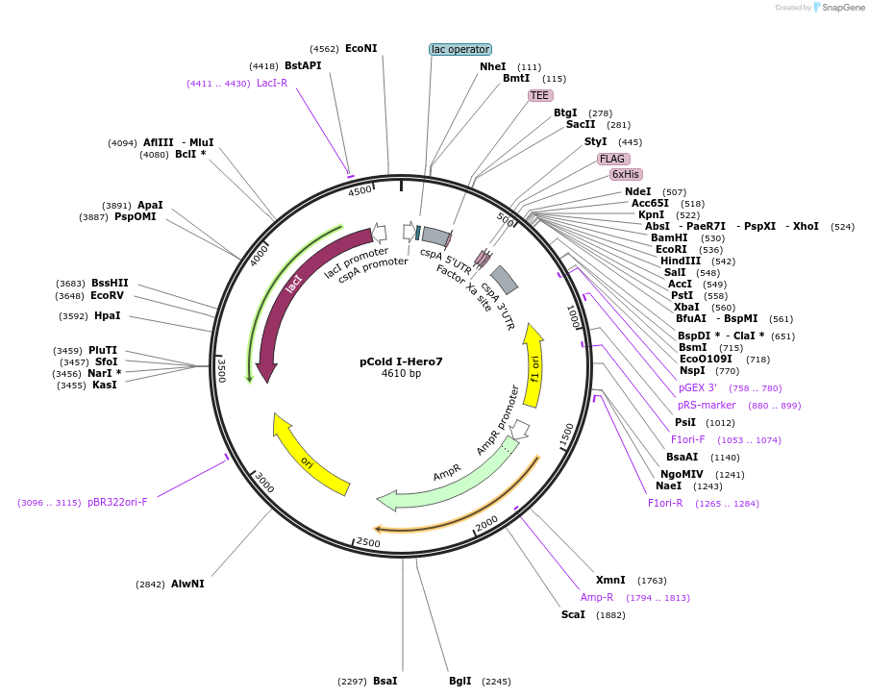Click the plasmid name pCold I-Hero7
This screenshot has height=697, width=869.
[x=401, y=361]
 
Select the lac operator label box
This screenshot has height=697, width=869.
[x=459, y=49]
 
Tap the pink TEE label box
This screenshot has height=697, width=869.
[x=540, y=95]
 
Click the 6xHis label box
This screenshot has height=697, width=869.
[x=626, y=174]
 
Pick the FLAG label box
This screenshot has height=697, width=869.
[x=613, y=159]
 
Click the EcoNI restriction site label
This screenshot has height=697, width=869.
[x=361, y=48]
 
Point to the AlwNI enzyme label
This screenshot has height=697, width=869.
[x=187, y=584]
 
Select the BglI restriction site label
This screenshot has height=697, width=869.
[x=460, y=681]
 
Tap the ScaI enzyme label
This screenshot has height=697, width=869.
[x=573, y=614]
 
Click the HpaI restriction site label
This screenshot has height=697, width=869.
[x=107, y=315]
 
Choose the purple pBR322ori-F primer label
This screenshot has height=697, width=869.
[x=117, y=502]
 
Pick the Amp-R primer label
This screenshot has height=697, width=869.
[x=597, y=597]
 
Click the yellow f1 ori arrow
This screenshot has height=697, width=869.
[x=534, y=365]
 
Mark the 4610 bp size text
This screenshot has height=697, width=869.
[x=401, y=374]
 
